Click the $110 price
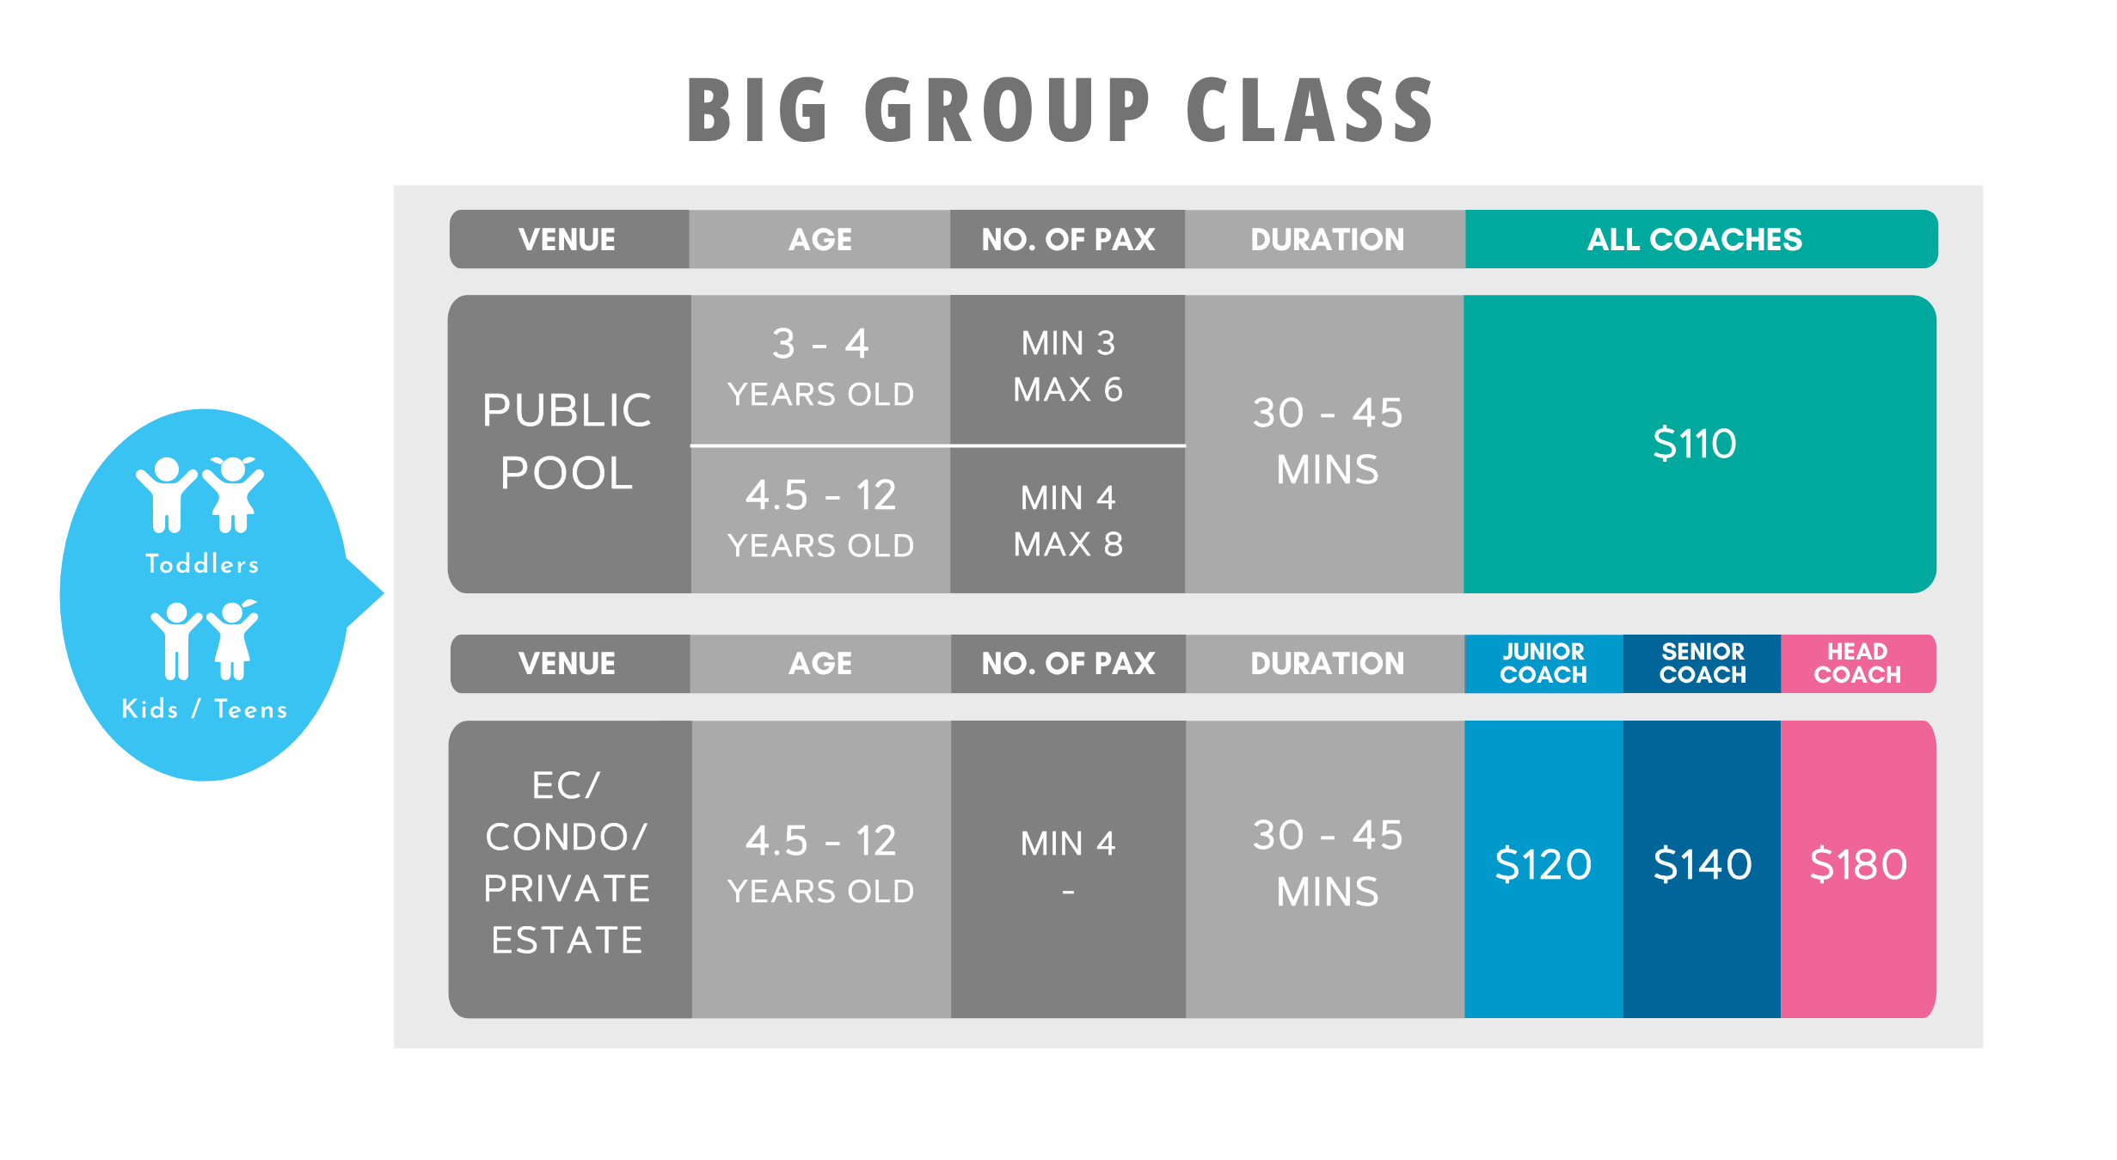coord(1695,444)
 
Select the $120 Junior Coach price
coord(1543,864)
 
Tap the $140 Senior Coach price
coord(1703,864)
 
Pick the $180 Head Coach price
coord(1858,864)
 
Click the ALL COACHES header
coord(1695,239)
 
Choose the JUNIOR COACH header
coord(1543,663)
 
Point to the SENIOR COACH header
coord(1703,663)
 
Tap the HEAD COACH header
coord(1857,663)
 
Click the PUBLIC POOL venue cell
coord(568,442)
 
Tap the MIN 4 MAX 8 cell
coord(1068,520)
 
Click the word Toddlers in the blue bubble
coord(202,563)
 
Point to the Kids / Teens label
coord(205,709)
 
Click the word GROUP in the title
coord(1007,109)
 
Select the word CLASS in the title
coord(1310,109)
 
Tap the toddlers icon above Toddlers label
coord(200,494)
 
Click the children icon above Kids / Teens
coord(205,640)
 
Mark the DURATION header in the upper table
coord(1327,239)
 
